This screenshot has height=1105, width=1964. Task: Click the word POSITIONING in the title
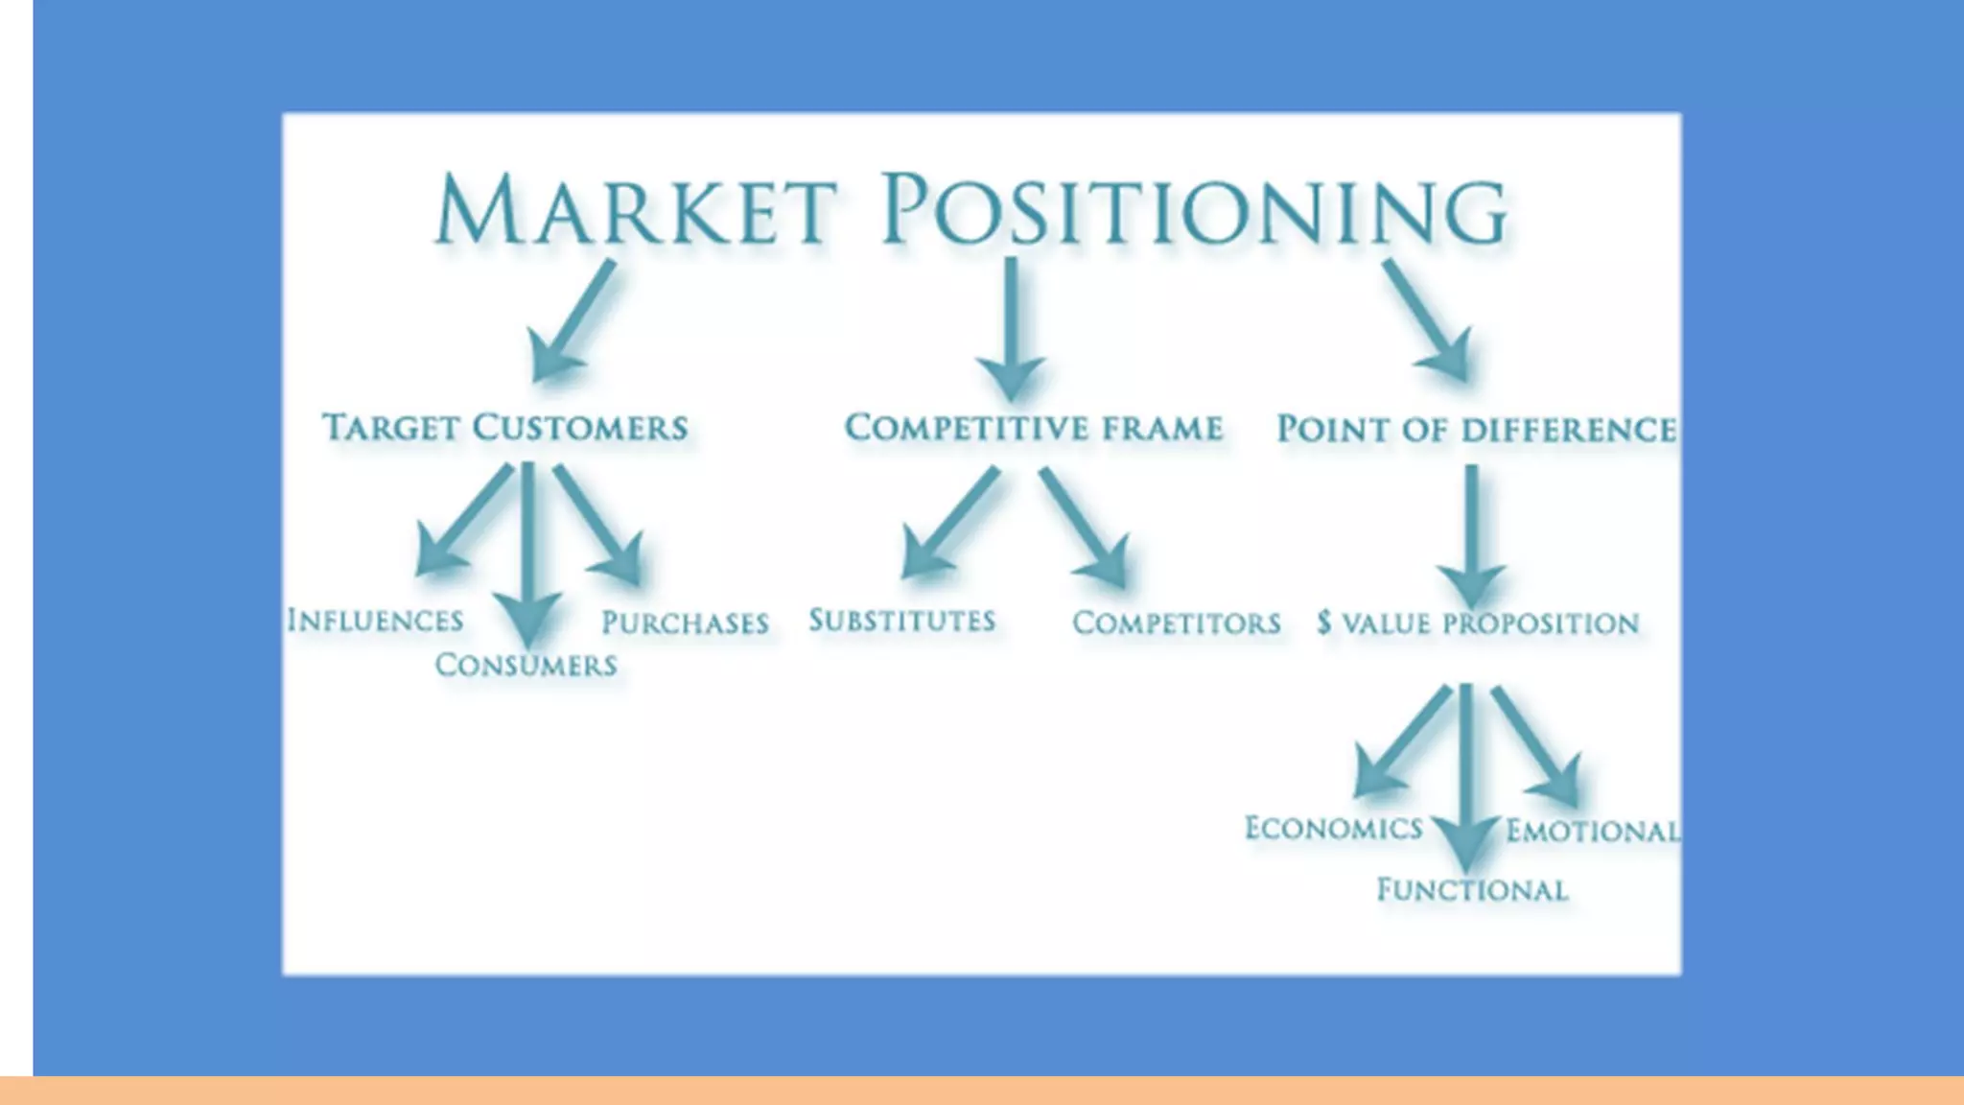(x=1194, y=211)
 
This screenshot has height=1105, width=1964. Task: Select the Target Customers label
(x=505, y=428)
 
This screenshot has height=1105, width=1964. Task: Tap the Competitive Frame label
(x=1033, y=428)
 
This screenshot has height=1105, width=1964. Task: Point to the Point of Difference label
(x=1477, y=430)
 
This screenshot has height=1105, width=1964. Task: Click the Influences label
(x=375, y=621)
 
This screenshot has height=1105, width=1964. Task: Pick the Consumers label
(x=526, y=665)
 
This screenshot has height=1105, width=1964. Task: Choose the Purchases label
(x=685, y=623)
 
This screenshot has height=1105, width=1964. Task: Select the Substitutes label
(x=901, y=621)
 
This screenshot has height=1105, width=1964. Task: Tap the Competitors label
(x=1177, y=623)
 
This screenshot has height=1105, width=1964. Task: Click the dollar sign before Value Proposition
(x=1324, y=623)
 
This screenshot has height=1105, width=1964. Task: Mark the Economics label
(x=1333, y=829)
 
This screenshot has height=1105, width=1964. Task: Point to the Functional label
(x=1472, y=891)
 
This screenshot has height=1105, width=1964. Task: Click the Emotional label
(x=1592, y=831)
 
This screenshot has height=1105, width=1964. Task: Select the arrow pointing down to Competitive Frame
(x=1011, y=331)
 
